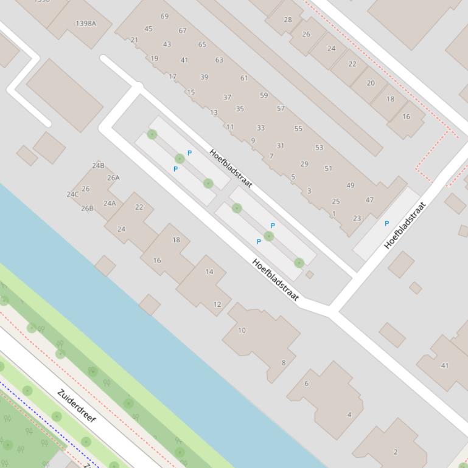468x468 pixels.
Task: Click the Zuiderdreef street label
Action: coord(76,406)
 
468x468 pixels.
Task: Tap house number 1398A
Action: coord(86,24)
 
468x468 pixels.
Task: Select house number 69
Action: coord(164,16)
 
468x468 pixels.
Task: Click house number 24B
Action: coord(98,165)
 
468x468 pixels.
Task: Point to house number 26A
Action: coord(113,178)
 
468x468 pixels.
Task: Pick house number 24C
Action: coord(72,194)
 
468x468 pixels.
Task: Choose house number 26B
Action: coord(87,208)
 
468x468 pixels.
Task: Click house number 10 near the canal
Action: coord(242,331)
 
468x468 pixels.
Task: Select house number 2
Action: coord(396,452)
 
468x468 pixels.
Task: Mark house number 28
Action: coord(288,19)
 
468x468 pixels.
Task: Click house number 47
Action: coord(369,200)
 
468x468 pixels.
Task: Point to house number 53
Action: coord(319,148)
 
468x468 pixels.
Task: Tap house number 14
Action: coord(209,272)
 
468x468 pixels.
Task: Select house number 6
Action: coord(306,384)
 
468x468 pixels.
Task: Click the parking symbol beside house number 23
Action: coord(386,224)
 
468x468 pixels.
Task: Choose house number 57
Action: coord(281,109)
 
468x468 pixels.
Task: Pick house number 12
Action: coord(217,305)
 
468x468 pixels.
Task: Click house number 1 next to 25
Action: coord(334,214)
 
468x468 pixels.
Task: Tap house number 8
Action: coord(283,363)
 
